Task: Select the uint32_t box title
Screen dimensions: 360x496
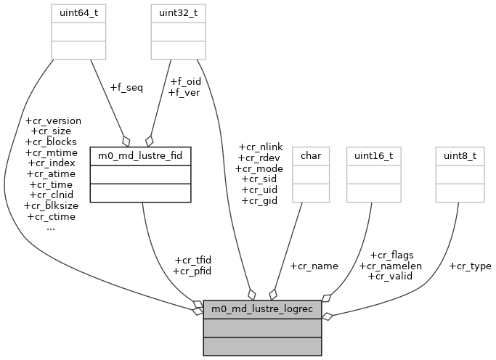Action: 175,12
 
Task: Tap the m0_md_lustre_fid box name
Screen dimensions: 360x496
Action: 140,155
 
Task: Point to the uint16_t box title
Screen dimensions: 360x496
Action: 370,155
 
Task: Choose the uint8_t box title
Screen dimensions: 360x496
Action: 459,155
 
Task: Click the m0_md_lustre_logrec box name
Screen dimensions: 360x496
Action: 262,310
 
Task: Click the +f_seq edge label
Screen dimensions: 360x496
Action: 126,88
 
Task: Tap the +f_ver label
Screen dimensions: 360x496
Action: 184,92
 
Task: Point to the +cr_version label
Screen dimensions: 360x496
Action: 53,121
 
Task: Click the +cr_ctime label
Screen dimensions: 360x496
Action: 51,216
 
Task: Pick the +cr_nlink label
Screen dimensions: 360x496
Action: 260,147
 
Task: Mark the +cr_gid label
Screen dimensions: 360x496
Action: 260,200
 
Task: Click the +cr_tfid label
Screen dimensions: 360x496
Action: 192,260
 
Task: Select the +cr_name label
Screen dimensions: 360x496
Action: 314,266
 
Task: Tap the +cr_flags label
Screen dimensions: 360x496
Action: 391,255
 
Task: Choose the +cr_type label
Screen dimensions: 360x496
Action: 470,266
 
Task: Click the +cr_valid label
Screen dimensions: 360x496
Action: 391,276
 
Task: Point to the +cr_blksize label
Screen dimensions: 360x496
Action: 51,205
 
